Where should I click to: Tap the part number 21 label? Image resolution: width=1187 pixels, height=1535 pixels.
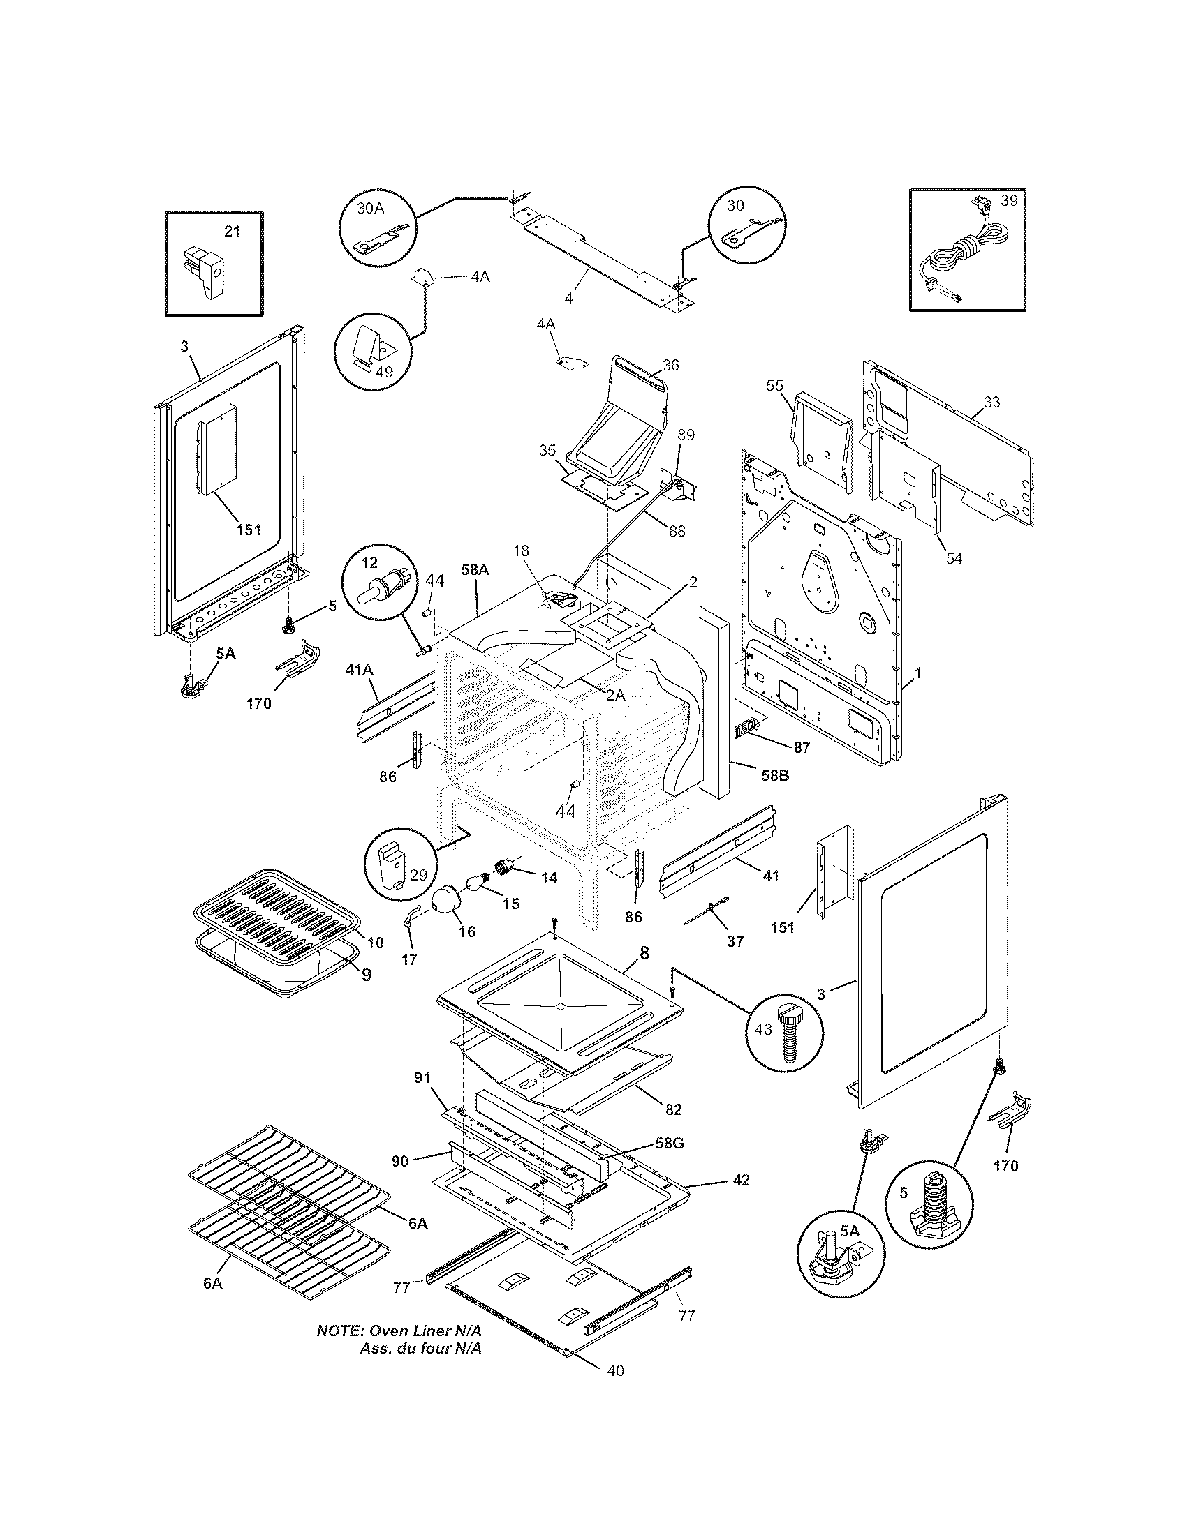231,230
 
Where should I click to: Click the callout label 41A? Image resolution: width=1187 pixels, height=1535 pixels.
359,671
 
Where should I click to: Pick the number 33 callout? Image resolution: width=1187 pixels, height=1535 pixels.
991,403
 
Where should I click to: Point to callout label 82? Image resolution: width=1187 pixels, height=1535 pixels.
673,1110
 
